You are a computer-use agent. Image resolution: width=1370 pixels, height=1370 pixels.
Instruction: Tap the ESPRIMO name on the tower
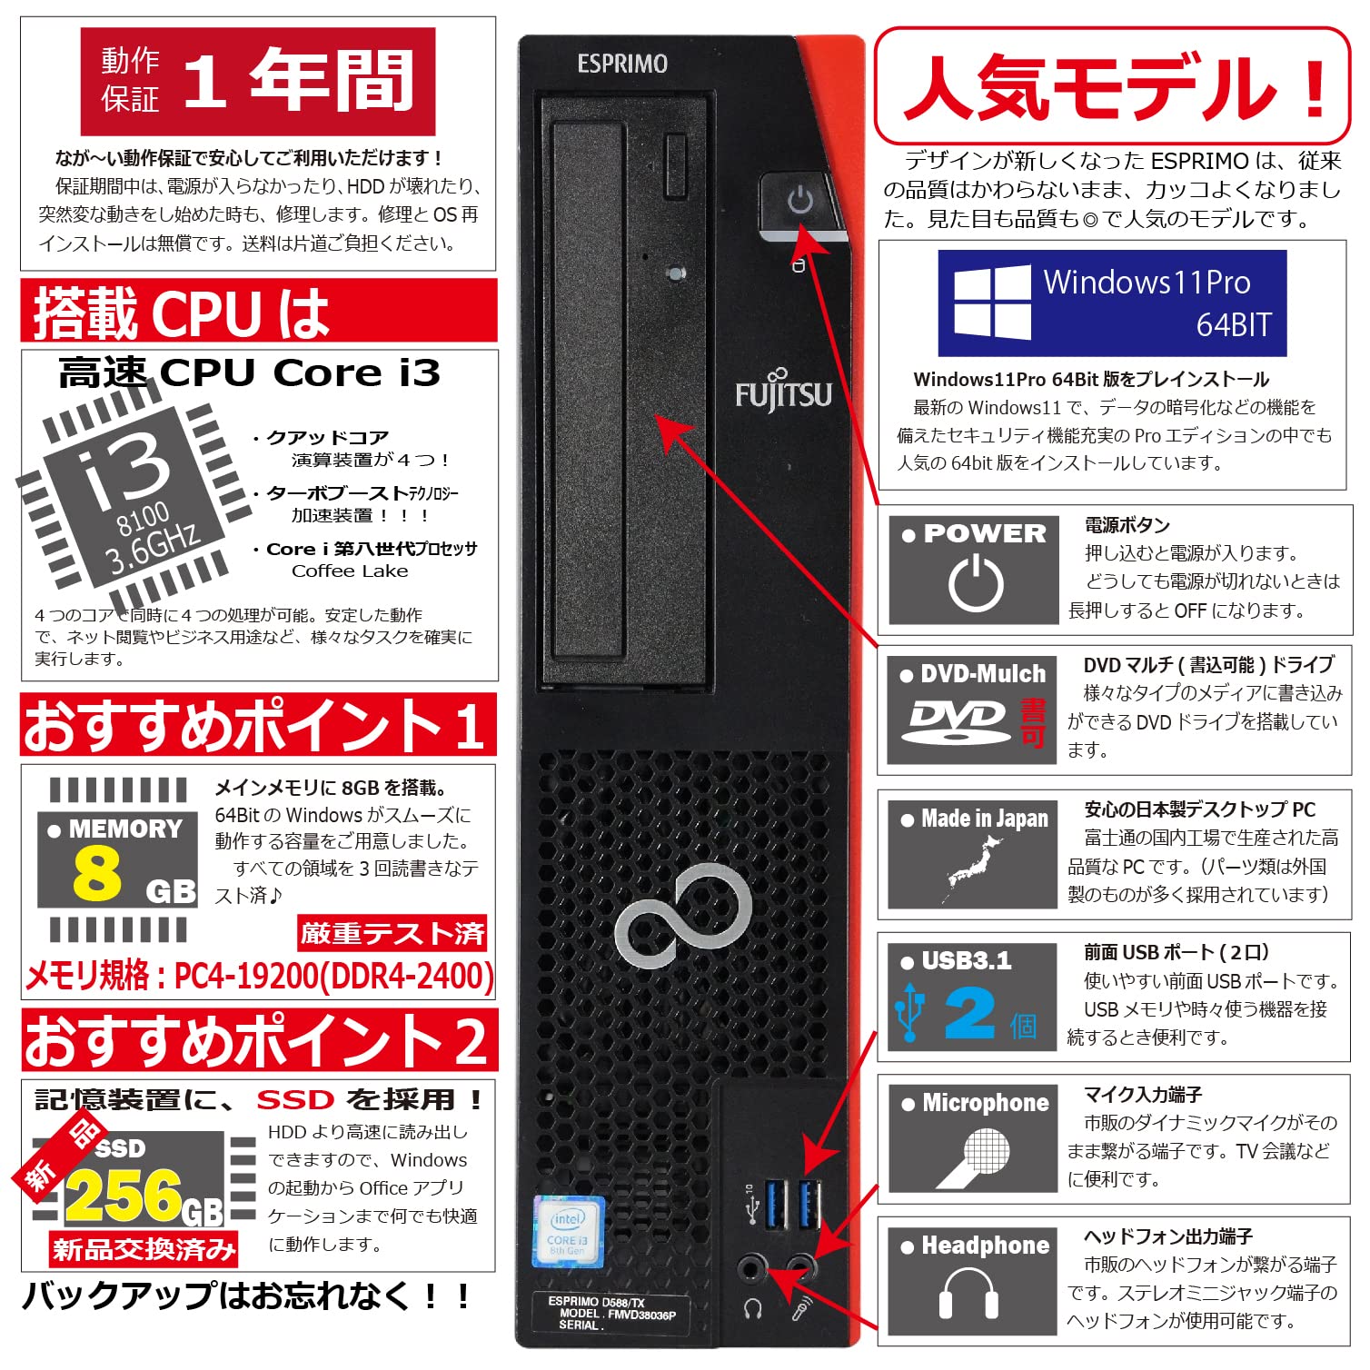tap(622, 64)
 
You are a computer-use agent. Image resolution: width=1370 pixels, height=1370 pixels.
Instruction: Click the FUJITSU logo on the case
tap(783, 392)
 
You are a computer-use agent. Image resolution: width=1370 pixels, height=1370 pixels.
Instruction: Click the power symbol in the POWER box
tap(977, 582)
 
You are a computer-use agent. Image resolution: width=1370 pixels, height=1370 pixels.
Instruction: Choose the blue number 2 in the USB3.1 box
tap(969, 1012)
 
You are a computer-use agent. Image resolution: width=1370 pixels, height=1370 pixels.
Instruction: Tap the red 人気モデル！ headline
tap(1112, 87)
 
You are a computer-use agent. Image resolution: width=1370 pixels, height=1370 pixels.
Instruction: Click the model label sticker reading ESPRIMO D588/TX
tap(611, 1313)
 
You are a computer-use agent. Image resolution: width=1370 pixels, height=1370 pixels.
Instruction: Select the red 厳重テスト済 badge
tap(392, 932)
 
